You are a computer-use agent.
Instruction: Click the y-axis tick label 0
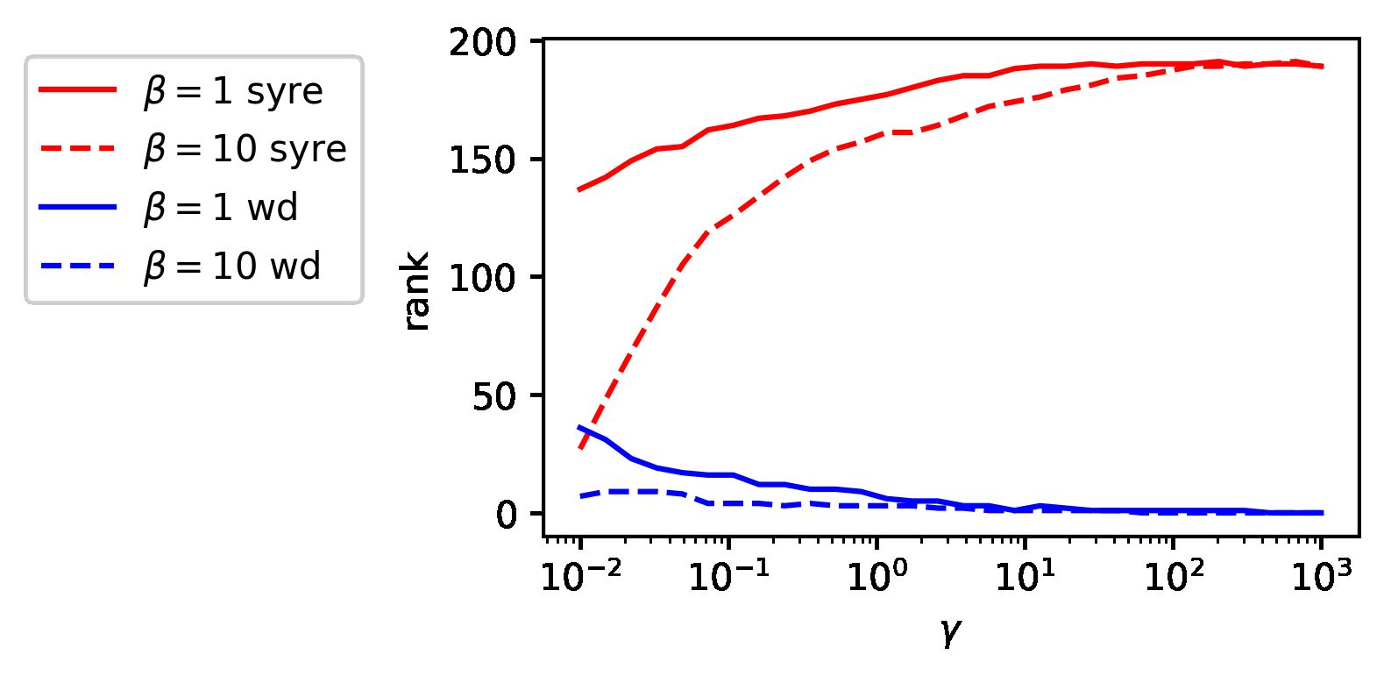tap(507, 515)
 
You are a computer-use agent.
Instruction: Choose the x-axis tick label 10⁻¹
tap(729, 577)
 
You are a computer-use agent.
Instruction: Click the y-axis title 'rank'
tap(417, 291)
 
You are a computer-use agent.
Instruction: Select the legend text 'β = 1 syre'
tap(234, 91)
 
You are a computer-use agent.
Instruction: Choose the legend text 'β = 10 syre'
tap(245, 149)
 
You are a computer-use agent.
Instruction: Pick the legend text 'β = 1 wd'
tap(222, 208)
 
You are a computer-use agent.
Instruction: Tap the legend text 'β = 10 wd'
tap(233, 266)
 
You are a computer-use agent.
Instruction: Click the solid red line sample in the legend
tap(77, 89)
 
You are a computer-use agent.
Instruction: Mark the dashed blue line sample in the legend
tap(77, 265)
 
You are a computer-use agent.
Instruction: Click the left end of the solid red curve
tap(580, 189)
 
